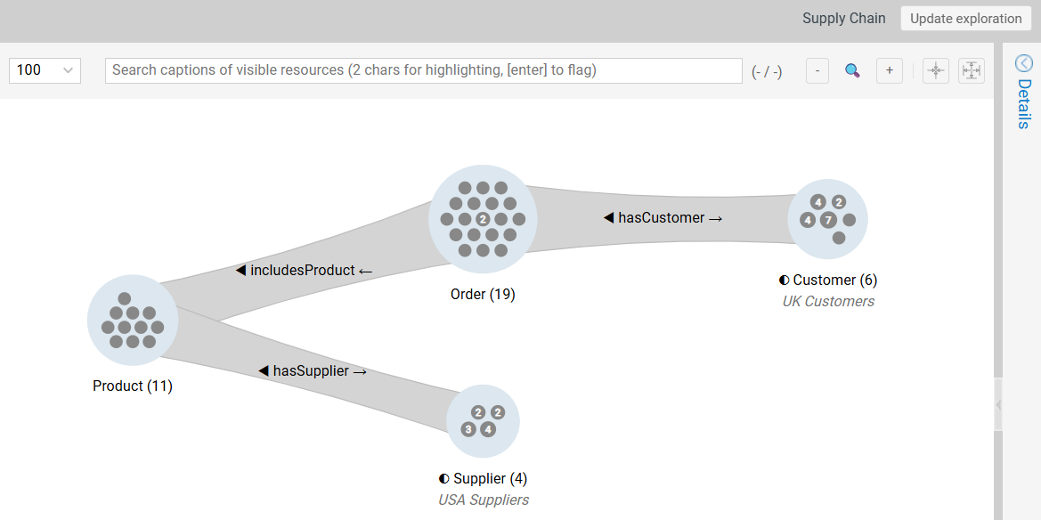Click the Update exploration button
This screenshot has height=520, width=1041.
coord(965,19)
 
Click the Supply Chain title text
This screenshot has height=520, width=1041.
coord(843,19)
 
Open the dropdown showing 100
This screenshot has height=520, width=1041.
coord(45,70)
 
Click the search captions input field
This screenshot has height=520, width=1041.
coord(423,70)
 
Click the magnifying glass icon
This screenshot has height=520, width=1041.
coord(852,71)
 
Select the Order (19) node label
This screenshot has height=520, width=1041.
coord(483,294)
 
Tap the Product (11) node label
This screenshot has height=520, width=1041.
coord(133,386)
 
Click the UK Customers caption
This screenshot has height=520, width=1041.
coord(828,301)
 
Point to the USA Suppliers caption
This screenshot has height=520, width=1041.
coord(483,500)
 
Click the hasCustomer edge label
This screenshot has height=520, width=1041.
coord(662,217)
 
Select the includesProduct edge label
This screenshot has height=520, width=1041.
coord(303,270)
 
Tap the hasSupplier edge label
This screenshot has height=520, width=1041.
coord(312,370)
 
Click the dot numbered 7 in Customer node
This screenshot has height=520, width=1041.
coord(828,220)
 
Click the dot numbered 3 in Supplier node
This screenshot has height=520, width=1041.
coord(468,429)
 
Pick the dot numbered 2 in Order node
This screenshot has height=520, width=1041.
coord(483,219)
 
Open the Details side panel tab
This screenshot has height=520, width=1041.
coord(1023,93)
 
